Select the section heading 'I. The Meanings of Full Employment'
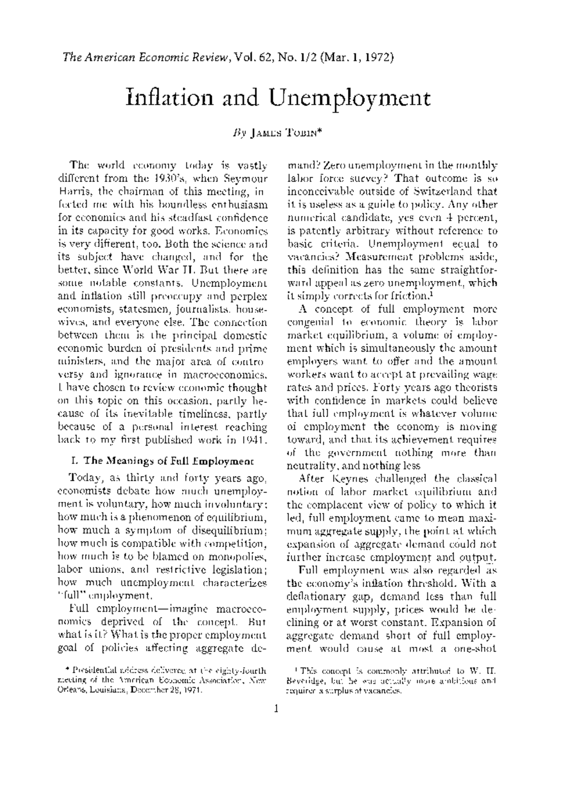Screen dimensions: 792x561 coord(162,461)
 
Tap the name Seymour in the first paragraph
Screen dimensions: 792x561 coord(244,178)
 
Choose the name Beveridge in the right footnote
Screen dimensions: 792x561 coord(303,682)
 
